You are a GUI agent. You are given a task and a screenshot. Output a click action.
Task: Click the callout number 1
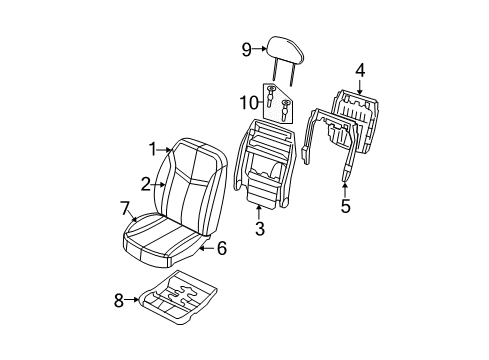tap(154, 150)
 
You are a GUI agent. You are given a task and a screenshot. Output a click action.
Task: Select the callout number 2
tap(146, 183)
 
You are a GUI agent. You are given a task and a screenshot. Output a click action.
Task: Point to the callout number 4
tap(360, 69)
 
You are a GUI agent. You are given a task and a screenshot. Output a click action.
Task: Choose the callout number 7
tap(125, 208)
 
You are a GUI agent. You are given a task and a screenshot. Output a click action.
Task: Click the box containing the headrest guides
tap(279, 103)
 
